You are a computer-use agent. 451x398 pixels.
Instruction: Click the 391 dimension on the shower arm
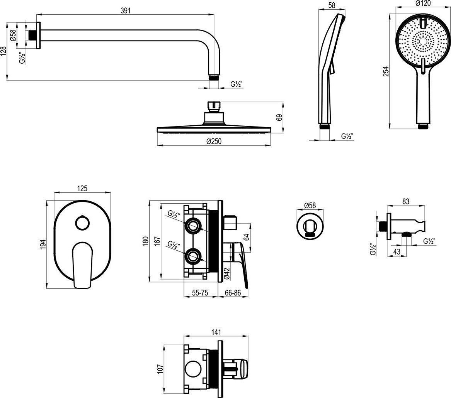(x=126, y=11)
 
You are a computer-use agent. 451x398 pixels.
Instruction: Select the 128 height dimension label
(x=4, y=51)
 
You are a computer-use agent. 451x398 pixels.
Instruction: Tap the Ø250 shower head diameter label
(x=214, y=141)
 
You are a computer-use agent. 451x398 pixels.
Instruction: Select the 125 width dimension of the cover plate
(x=82, y=188)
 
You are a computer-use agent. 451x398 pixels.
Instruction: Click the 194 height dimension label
(x=43, y=244)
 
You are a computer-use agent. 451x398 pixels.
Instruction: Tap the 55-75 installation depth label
(x=200, y=293)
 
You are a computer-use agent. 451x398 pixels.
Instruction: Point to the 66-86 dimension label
(x=233, y=293)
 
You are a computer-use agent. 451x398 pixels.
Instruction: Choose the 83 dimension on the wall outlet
(x=406, y=201)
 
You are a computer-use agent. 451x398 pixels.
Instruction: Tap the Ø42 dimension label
(x=227, y=273)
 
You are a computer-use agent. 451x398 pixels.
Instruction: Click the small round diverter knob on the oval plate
(x=82, y=223)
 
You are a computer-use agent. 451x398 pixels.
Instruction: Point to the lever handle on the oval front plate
(x=83, y=264)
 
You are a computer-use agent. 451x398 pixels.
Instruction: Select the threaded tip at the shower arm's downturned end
(x=214, y=77)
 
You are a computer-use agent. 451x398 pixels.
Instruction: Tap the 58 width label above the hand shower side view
(x=332, y=5)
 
